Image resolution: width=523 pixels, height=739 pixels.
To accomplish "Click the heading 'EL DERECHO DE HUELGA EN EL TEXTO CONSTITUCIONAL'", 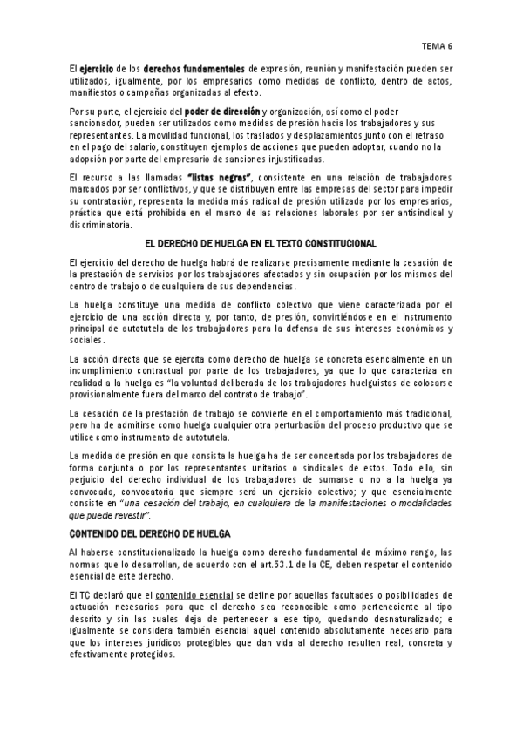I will (261, 242).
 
